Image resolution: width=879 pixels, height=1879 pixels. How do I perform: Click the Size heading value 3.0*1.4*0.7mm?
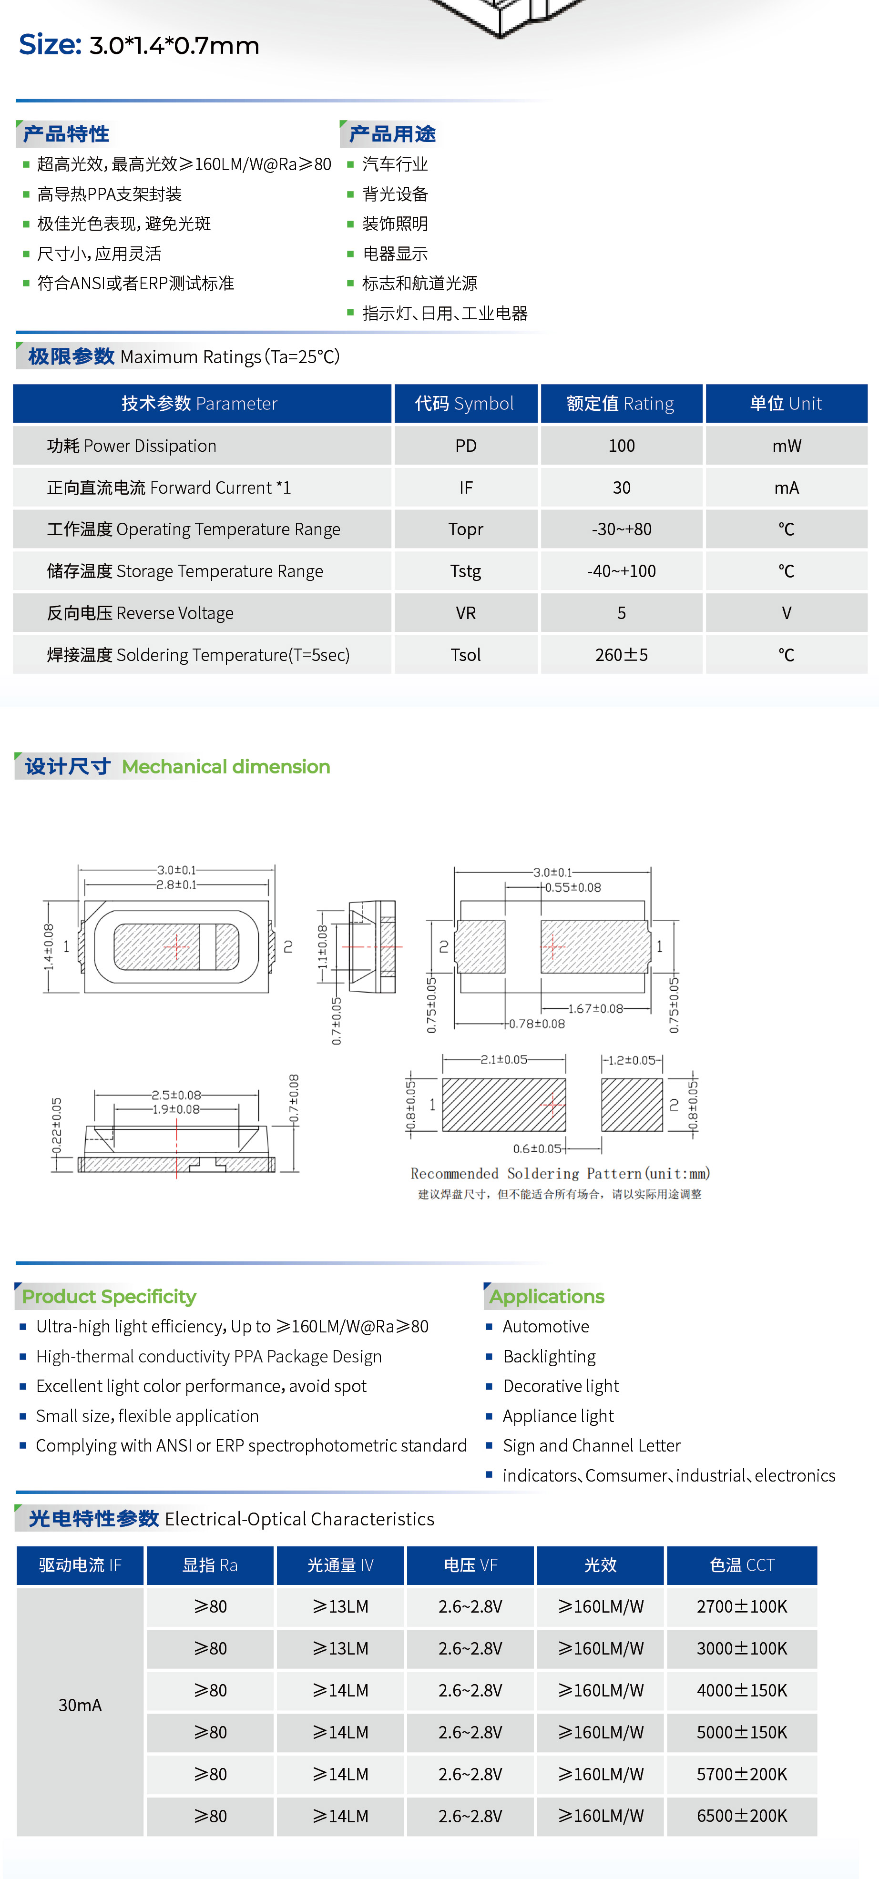point(174,46)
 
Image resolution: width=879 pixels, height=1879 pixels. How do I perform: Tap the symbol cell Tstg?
point(465,571)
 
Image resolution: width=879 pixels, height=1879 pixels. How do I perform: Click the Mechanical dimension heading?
point(225,767)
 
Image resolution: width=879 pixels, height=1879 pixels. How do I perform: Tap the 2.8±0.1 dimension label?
point(176,885)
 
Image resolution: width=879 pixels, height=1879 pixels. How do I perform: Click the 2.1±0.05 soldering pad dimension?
point(503,1060)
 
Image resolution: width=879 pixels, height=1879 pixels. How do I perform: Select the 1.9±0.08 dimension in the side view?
point(176,1109)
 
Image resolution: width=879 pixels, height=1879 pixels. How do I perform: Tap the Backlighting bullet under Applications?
point(549,1357)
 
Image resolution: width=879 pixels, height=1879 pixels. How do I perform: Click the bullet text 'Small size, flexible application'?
point(147,1416)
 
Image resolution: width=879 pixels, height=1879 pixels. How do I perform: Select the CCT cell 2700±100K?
point(741,1607)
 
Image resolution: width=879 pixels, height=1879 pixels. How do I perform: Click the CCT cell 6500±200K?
point(741,1816)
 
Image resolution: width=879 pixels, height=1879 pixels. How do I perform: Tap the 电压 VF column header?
point(470,1565)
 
